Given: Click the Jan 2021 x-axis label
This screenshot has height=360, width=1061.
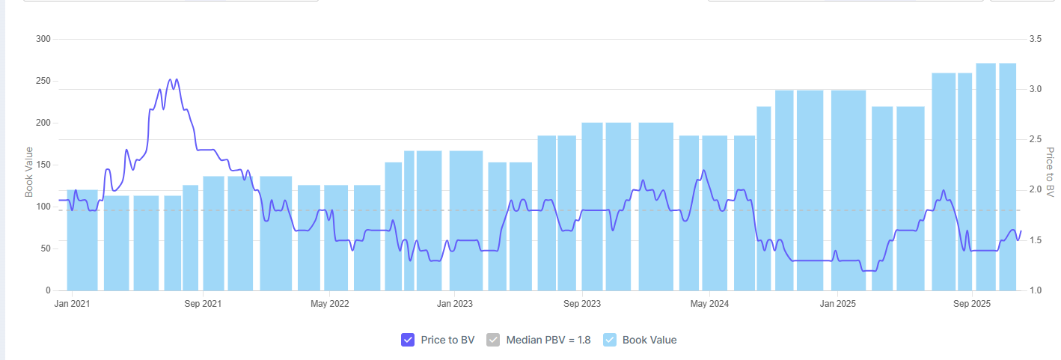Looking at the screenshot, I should coord(73,304).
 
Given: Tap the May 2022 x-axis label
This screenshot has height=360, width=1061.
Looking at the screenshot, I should coord(330,304).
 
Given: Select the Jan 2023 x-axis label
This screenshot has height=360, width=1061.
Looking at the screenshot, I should coord(454,304).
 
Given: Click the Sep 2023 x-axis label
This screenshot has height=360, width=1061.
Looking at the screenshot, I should coord(582,304).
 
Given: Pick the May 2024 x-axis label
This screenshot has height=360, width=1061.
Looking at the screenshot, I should coord(709,304).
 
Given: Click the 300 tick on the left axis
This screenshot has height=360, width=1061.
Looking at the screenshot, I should coord(43,39).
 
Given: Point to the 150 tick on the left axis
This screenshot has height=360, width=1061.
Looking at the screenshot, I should coord(43,165).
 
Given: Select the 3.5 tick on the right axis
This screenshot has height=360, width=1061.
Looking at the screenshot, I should coord(1036,39).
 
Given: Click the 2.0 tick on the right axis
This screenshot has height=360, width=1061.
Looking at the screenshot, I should coord(1036,190).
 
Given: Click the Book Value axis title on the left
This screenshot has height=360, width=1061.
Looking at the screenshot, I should coord(29,172).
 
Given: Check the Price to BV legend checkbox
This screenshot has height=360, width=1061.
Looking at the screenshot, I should coord(408,340).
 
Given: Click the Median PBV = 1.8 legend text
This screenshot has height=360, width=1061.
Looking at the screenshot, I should coord(548,340).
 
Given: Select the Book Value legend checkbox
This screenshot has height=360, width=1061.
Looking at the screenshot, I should coord(610,340).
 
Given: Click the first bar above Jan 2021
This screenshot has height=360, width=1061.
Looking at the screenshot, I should coord(82,240).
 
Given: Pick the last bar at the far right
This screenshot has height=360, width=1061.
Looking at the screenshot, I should coord(1007,177).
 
